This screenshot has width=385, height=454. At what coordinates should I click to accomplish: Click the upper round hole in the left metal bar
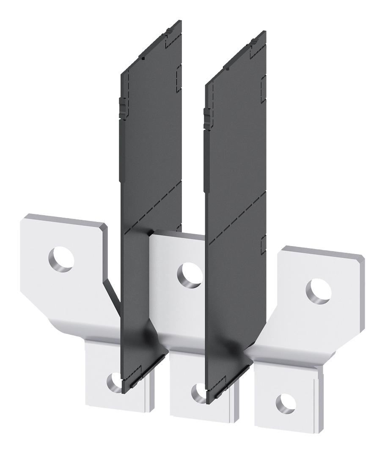pos(61,259)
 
